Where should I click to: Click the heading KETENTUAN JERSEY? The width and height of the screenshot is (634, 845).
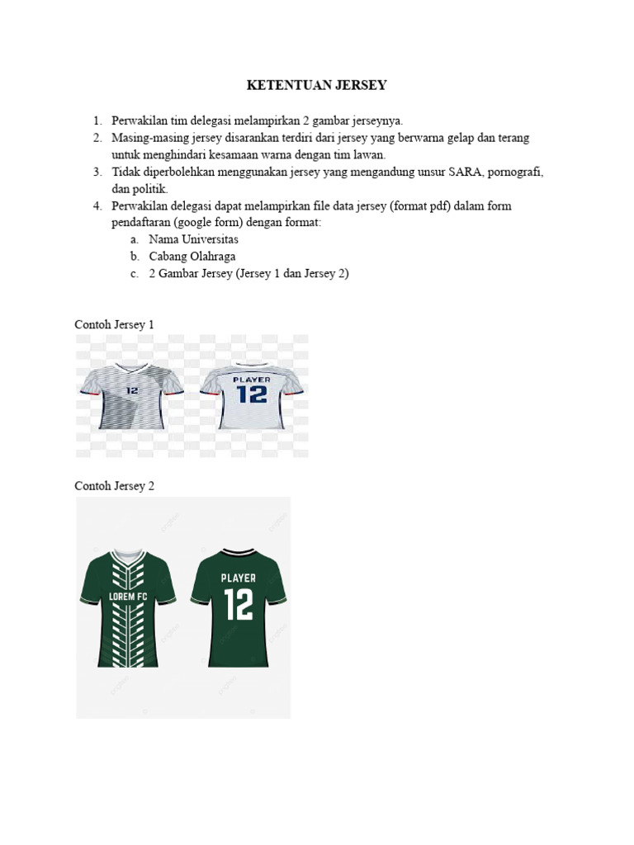point(317,85)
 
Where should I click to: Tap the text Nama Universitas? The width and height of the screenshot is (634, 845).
point(193,239)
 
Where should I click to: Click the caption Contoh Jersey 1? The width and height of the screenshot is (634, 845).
point(114,324)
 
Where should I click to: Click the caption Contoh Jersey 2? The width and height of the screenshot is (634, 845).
point(114,486)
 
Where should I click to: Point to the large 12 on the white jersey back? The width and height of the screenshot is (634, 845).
point(252,394)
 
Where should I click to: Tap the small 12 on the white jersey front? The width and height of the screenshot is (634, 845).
point(132,389)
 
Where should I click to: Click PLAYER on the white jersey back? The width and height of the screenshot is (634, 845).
point(252,380)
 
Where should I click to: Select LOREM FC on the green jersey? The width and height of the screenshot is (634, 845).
point(127,596)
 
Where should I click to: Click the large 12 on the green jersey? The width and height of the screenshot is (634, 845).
point(238,605)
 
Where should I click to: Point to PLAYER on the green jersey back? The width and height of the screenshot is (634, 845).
point(238,578)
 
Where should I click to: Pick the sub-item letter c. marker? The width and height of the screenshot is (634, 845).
point(134,274)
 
